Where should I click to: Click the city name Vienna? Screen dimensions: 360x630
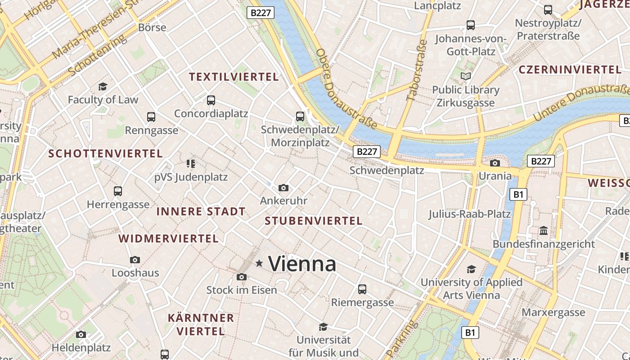302,264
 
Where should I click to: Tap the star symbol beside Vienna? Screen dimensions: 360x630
259,263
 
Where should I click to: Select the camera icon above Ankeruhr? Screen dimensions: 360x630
283,188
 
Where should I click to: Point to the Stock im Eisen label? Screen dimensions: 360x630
242,290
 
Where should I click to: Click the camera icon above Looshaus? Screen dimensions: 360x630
135,260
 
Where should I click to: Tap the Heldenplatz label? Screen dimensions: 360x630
81,347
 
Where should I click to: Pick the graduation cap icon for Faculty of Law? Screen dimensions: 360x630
103,86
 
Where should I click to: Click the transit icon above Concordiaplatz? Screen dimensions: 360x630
211,100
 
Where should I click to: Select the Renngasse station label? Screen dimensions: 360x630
151,130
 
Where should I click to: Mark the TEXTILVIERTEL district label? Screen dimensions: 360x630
234,77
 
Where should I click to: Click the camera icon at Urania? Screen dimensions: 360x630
495,163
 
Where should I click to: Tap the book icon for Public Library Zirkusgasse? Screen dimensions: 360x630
466,76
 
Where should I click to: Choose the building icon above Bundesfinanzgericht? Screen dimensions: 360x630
544,230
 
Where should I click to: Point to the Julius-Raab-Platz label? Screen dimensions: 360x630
469,214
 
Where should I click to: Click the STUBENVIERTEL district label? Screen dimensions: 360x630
314,221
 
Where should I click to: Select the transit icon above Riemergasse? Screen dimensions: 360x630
362,289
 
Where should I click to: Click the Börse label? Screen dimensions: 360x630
152,27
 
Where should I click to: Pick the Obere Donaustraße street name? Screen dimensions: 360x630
338,89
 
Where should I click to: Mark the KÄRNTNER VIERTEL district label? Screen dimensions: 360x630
201,324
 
